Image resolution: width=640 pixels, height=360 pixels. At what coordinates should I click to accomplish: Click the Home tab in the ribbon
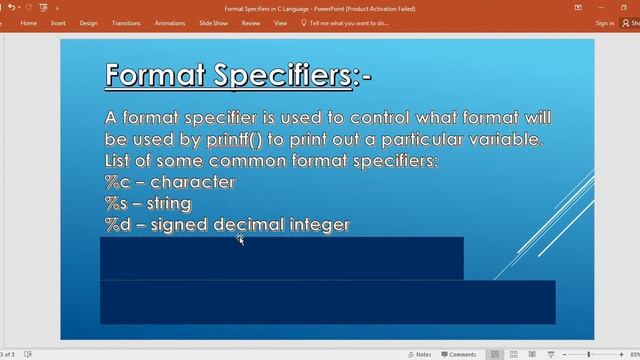(28, 22)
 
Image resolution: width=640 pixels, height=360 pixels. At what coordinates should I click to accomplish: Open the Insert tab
(58, 22)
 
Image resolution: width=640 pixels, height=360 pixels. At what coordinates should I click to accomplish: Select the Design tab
(88, 22)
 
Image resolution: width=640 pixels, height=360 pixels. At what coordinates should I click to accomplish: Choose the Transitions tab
(126, 22)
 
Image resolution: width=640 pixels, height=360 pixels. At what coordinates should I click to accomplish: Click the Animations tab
(170, 22)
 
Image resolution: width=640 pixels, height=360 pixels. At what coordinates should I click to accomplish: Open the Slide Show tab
(213, 22)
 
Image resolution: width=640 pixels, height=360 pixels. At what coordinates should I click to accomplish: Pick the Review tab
(251, 22)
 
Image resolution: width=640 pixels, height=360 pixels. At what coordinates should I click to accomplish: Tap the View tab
(280, 22)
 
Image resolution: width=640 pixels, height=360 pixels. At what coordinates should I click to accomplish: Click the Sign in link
(605, 22)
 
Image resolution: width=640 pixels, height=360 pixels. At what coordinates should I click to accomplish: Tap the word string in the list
(170, 204)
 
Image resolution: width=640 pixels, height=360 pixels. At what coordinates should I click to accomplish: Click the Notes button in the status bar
(420, 354)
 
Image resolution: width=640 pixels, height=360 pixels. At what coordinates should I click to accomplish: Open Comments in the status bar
(459, 354)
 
